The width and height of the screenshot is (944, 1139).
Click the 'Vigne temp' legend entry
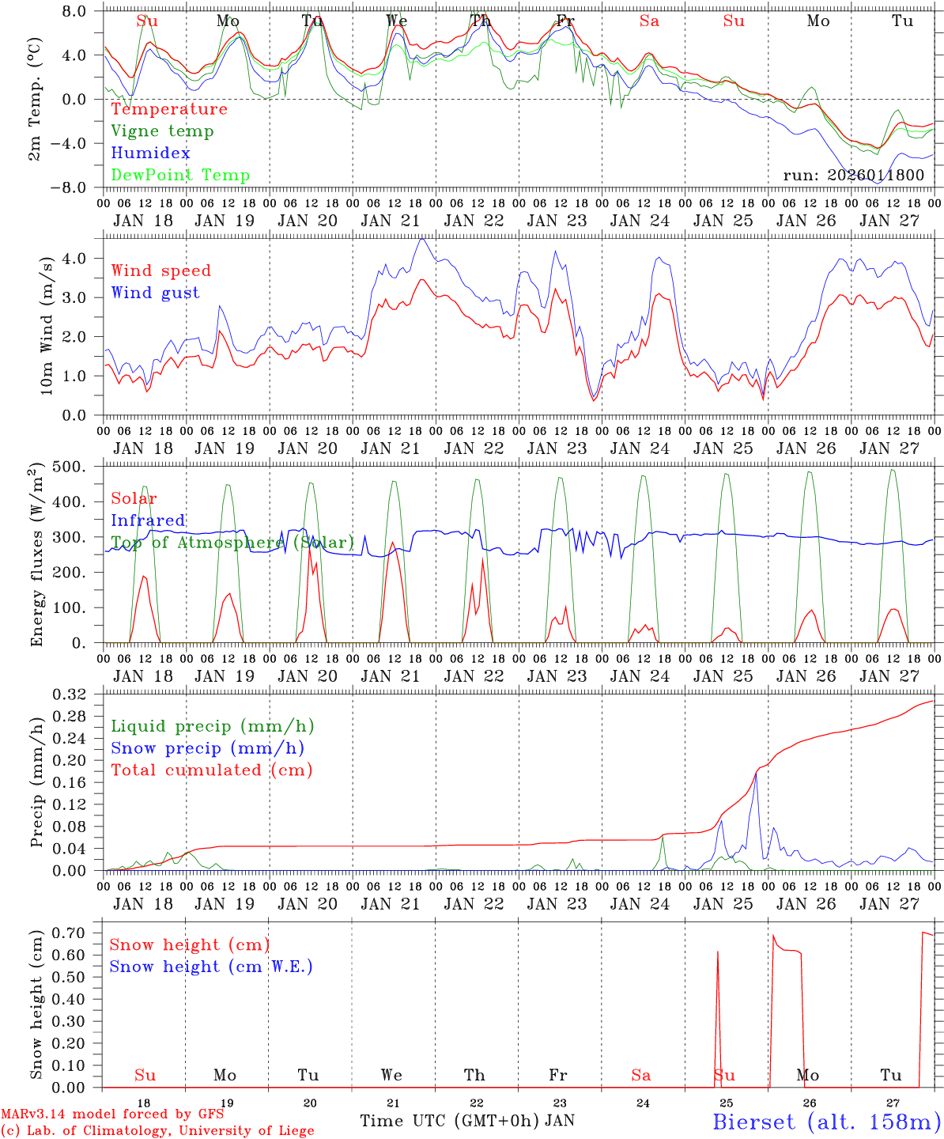click(162, 131)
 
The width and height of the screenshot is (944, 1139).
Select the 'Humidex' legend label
click(150, 153)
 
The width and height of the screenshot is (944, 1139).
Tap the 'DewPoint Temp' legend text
click(180, 176)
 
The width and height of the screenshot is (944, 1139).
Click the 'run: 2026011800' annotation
click(853, 176)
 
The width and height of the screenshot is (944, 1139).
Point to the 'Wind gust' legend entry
click(155, 293)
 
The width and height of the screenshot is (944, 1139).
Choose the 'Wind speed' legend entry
click(161, 271)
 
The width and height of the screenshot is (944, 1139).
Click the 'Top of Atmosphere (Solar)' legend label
click(232, 543)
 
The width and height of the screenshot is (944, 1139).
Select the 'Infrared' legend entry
click(148, 520)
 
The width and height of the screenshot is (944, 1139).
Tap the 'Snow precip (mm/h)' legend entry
click(207, 748)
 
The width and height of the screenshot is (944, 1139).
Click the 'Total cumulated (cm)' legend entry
click(212, 770)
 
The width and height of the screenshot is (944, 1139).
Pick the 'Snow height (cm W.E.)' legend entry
click(211, 967)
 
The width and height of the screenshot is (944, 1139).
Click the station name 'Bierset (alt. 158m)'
click(826, 1121)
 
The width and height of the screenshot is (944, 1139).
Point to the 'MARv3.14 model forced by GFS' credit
click(112, 1114)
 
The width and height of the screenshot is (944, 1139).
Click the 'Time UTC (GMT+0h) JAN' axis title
click(467, 1121)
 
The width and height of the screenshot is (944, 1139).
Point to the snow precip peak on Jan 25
click(756, 774)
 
